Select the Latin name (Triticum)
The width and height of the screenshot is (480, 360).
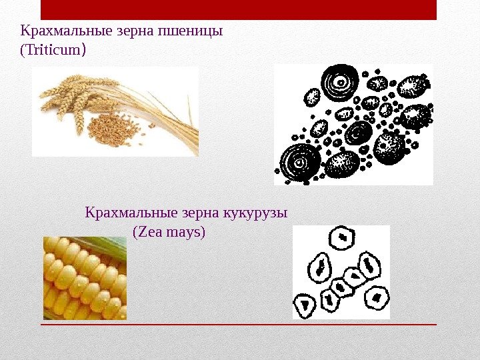point(53,51)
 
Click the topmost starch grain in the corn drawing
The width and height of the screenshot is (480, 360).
point(343,237)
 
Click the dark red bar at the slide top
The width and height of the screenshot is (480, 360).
point(239,10)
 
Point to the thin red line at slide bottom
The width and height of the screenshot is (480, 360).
point(239,325)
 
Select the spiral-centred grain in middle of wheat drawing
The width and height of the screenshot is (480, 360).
point(359,132)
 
